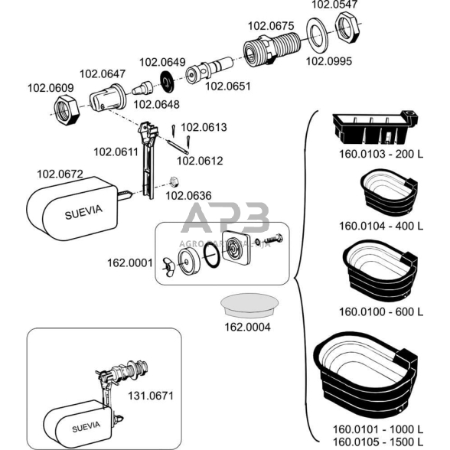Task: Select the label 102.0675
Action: click(x=269, y=26)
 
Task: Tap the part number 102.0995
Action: click(x=329, y=61)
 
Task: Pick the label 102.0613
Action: click(x=204, y=127)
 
